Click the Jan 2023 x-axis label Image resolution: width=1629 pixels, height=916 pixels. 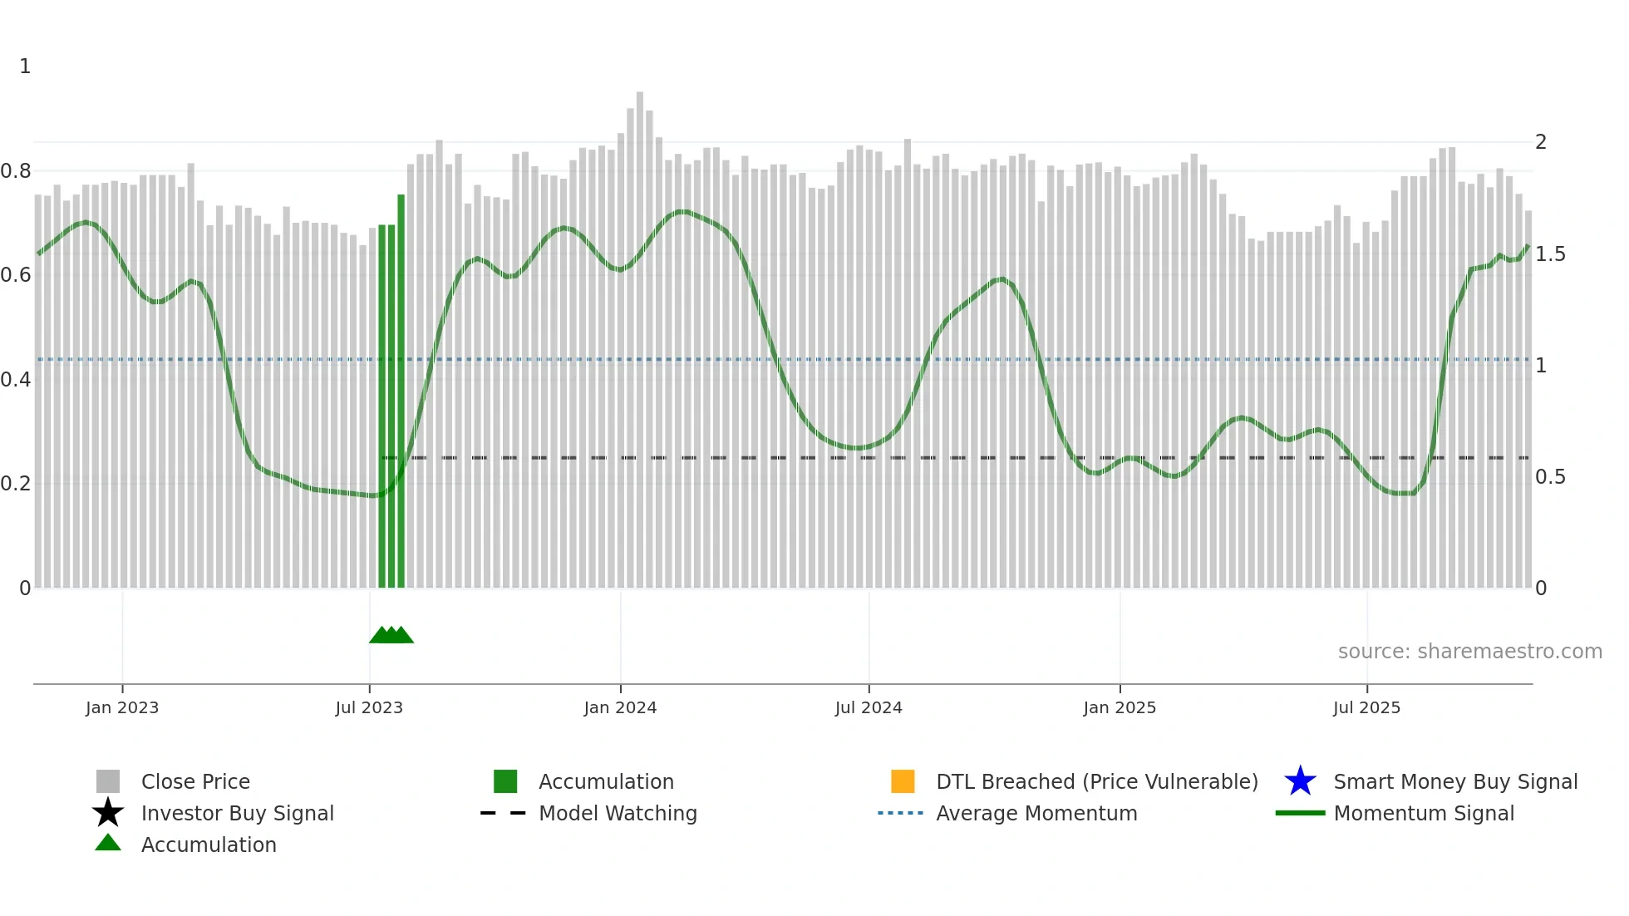(x=122, y=708)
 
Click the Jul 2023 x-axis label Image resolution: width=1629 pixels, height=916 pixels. (x=369, y=708)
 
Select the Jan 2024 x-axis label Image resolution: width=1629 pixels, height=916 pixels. (x=620, y=708)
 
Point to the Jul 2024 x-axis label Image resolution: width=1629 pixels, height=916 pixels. (x=869, y=708)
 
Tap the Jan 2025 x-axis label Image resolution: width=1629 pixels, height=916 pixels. (x=1120, y=708)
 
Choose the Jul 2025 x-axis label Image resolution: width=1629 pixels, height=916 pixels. (x=1366, y=708)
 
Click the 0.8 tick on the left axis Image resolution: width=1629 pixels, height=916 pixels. (x=17, y=171)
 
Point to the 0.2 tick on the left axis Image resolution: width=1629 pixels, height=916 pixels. (x=17, y=484)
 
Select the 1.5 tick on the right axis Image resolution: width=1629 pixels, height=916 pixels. (x=1550, y=254)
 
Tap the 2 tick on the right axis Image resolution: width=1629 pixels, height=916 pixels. (x=1541, y=142)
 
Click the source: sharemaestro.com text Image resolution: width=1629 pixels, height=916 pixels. (x=1469, y=652)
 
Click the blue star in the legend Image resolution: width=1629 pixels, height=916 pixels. (x=1300, y=781)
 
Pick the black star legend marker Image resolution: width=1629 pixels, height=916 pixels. (x=108, y=813)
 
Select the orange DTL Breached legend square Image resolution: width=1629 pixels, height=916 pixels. (x=903, y=781)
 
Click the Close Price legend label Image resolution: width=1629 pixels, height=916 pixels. (x=195, y=782)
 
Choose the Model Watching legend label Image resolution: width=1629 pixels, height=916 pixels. (x=618, y=814)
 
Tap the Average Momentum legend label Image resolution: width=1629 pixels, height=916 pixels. (x=1036, y=814)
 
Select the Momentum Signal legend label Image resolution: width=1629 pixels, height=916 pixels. (x=1424, y=814)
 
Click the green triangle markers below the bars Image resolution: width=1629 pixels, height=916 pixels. (x=391, y=636)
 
